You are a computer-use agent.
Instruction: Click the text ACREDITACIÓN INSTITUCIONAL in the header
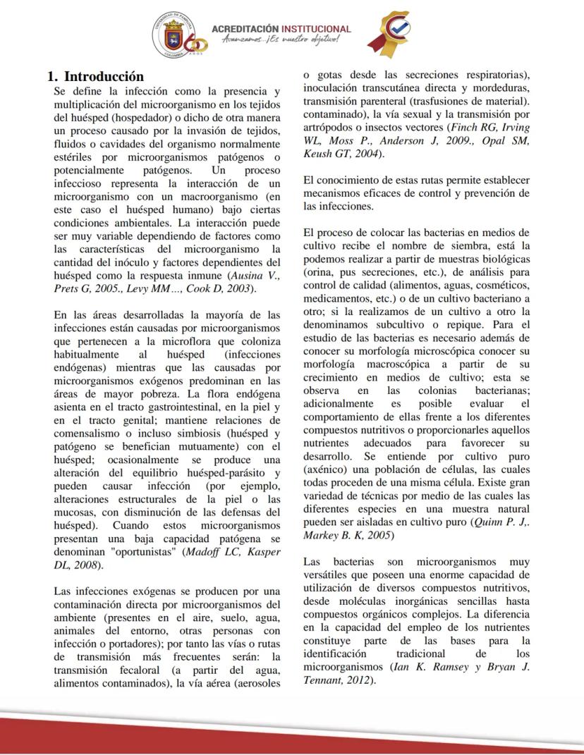(281, 29)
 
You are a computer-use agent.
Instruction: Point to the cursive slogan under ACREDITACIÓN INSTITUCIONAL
(280, 40)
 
